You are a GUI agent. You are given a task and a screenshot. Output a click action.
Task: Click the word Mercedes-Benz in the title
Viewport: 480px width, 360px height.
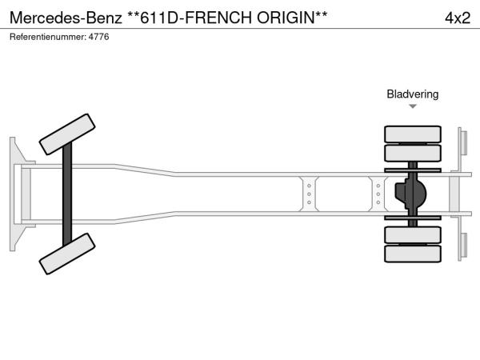coord(66,18)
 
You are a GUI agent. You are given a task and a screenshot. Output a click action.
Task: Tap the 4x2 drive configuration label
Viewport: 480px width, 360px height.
coord(458,18)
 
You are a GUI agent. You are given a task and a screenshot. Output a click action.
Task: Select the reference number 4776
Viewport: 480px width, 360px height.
coord(98,37)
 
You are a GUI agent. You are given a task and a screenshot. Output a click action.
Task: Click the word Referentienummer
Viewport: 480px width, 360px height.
coord(48,37)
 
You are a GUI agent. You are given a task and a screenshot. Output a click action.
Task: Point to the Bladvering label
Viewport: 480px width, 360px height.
coord(412,94)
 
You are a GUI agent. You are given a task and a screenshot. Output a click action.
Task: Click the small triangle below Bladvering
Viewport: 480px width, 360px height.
coord(413,106)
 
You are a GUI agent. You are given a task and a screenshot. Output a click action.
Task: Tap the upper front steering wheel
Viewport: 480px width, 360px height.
coord(67,134)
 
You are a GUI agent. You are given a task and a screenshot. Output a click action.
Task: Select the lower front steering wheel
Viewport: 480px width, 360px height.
coord(67,254)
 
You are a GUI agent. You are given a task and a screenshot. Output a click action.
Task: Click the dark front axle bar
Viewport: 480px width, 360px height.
coord(67,194)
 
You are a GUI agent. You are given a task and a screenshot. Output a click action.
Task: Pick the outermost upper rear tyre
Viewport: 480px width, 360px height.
coord(413,134)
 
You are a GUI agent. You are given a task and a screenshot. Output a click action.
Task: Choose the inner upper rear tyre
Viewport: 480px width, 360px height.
coord(413,153)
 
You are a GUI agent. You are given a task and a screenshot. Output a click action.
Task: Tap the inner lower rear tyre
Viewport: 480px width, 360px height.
coord(413,234)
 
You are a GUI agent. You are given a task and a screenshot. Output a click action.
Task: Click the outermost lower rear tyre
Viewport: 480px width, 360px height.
coord(413,254)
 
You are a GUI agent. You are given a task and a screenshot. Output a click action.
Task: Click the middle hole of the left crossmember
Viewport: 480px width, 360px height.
coord(309,194)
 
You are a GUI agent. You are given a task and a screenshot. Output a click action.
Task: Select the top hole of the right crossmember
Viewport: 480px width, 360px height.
coord(378,186)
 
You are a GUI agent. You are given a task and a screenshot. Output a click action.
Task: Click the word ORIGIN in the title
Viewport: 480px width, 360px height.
coord(286,18)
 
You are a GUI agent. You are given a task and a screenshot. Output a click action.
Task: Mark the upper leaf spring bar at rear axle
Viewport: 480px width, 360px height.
coord(413,170)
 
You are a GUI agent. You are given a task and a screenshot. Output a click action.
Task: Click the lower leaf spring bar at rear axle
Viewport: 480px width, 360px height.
coord(413,218)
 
